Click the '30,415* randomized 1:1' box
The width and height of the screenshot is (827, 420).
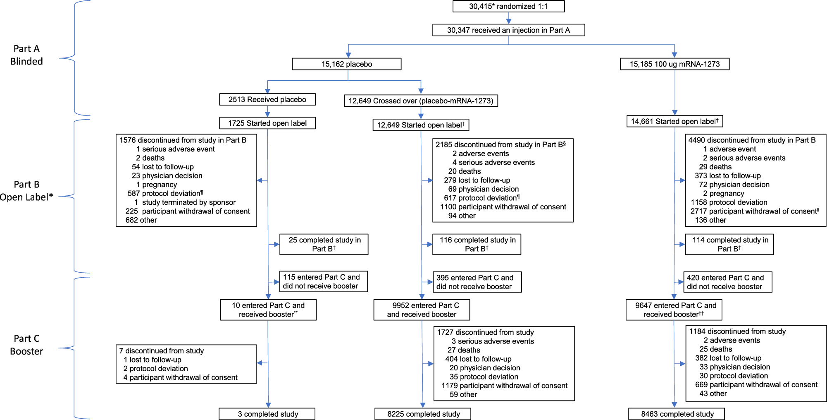point(508,6)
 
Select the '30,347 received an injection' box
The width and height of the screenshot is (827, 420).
point(508,30)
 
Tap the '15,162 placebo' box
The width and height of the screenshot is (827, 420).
point(346,64)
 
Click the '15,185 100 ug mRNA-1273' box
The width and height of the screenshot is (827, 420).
point(674,64)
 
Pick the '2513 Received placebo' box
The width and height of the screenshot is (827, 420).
point(267,99)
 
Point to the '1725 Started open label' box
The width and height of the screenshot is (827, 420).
point(267,123)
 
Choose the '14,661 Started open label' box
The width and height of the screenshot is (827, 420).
point(674,121)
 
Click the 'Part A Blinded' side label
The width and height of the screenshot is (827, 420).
point(26,55)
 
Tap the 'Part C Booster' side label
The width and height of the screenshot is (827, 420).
point(26,345)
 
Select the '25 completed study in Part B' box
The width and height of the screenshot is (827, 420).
point(324,244)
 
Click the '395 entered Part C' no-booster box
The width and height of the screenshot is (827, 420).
point(477,282)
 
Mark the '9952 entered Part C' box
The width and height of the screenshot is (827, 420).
point(422,310)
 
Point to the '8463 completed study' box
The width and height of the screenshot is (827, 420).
point(677,414)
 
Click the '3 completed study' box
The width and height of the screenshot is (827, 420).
point(267,414)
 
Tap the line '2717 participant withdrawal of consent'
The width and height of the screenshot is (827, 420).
point(754,211)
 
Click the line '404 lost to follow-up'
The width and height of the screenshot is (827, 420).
point(478,359)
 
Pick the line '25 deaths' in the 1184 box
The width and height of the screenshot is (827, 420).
point(715,349)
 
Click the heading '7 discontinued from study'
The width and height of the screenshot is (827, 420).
point(162,350)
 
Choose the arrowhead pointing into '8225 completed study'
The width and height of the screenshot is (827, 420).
point(423,405)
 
